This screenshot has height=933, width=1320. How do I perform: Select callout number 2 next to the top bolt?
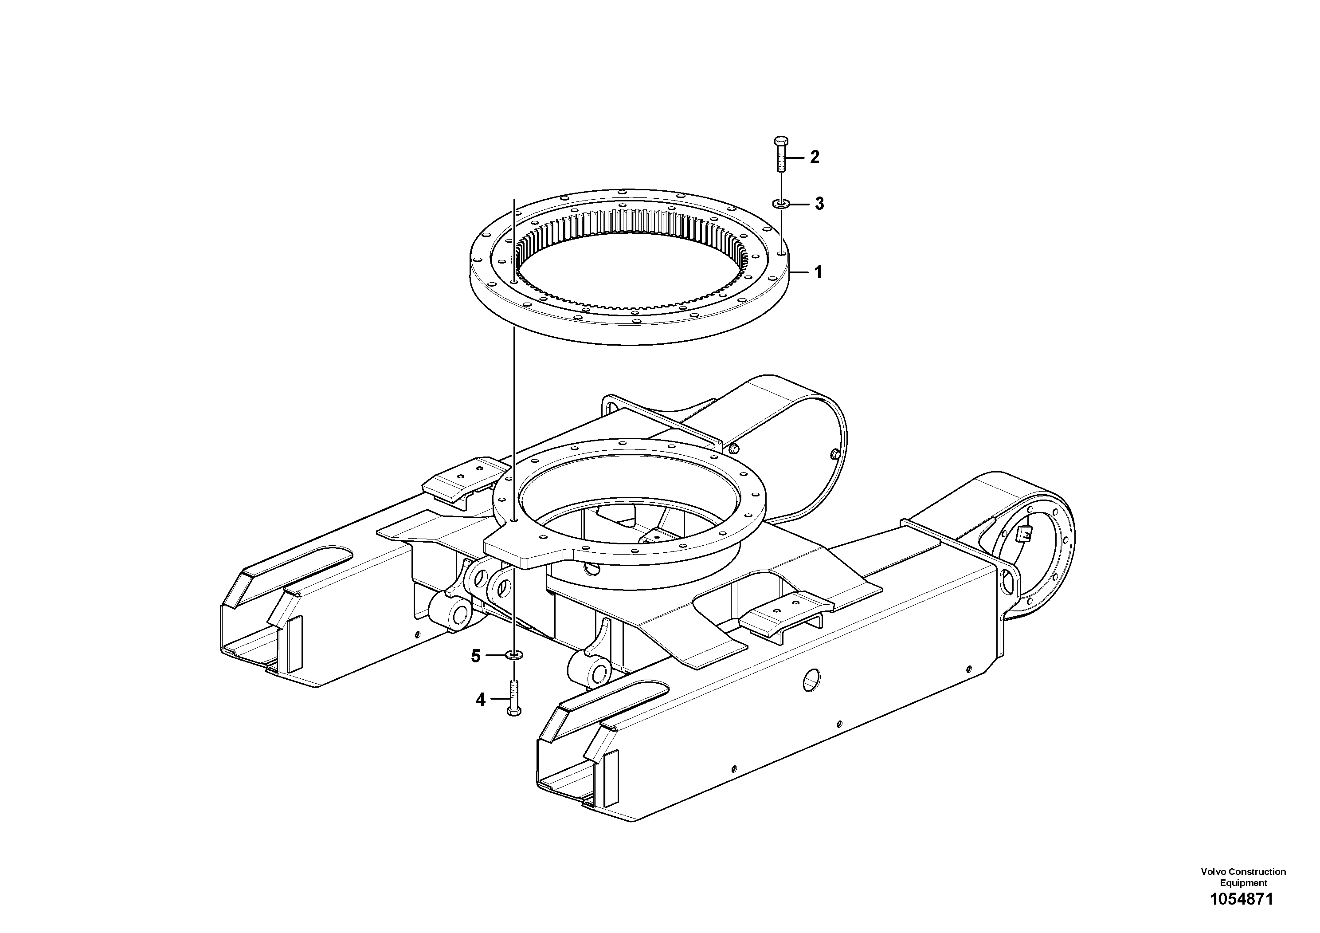coord(814,157)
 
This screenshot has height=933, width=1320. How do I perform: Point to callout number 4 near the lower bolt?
coord(481,700)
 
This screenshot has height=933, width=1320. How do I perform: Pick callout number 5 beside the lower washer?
coord(475,656)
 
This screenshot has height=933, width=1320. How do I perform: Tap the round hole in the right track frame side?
coord(812,681)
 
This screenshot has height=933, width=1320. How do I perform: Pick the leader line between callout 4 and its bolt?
coord(497,700)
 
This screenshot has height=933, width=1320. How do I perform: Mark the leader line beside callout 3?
coord(800,204)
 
